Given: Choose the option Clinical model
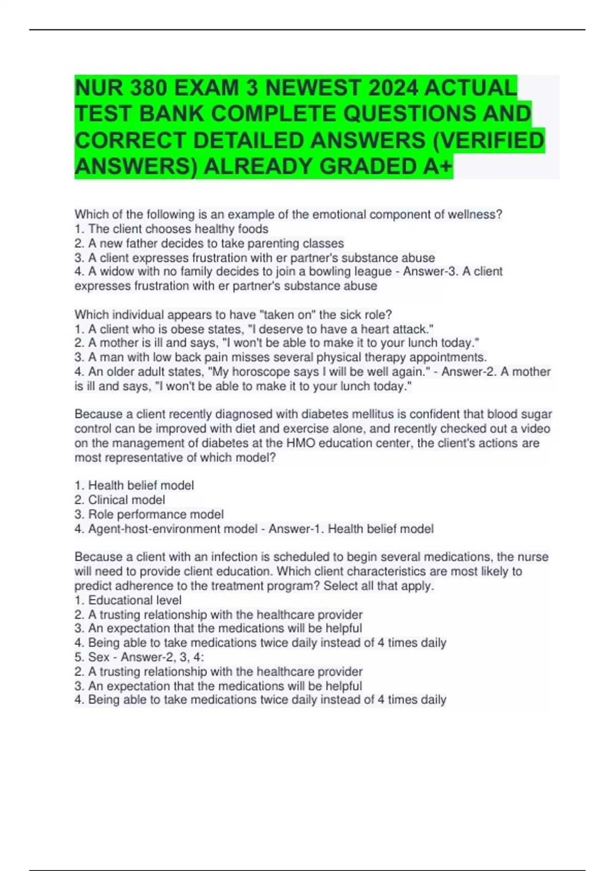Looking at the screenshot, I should pyautogui.click(x=126, y=500).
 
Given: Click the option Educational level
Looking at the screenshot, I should pyautogui.click(x=134, y=600).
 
